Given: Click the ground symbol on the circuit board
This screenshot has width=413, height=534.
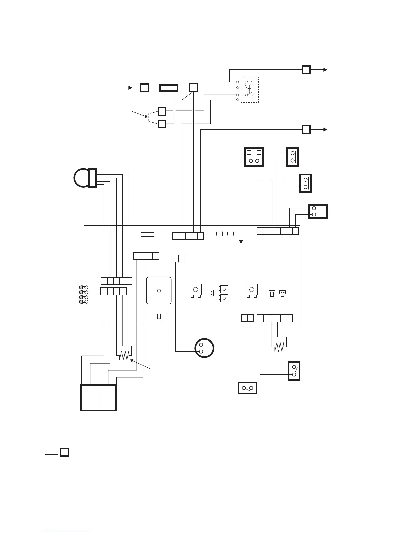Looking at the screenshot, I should click(241, 241).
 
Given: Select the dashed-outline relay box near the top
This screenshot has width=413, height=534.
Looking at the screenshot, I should click(249, 90).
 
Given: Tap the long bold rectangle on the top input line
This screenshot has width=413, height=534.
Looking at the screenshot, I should click(169, 88).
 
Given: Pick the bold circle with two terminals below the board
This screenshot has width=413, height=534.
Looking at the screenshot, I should click(204, 348).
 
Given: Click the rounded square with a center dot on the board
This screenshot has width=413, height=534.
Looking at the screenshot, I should click(159, 291).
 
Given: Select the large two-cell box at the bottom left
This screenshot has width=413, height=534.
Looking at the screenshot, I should click(99, 397).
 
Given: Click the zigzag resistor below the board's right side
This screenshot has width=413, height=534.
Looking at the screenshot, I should click(279, 347).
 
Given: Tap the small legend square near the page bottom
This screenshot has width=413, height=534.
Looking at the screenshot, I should click(64, 452).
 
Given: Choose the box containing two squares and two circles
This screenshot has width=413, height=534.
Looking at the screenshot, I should click(254, 157).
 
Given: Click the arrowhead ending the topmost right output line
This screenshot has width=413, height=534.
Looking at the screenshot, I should click(325, 70).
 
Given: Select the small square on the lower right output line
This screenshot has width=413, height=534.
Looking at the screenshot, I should click(306, 130).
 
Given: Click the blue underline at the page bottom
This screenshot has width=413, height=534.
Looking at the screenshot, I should click(67, 531).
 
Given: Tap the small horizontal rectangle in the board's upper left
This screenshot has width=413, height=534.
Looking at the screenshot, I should click(147, 234).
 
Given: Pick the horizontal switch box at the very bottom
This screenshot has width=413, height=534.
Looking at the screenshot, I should click(247, 388).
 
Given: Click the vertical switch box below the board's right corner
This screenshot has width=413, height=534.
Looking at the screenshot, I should click(294, 371).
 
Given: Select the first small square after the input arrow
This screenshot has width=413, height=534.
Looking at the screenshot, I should click(144, 88).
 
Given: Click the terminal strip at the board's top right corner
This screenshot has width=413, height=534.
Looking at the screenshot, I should click(277, 231).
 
